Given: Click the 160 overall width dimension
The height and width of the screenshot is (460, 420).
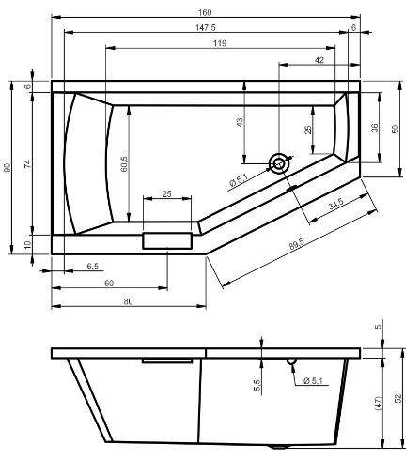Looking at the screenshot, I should pyautogui.click(x=205, y=12).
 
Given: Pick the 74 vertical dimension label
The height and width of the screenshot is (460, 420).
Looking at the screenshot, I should pyautogui.click(x=28, y=163).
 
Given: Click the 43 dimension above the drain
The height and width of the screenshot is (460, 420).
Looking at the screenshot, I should pyautogui.click(x=241, y=122).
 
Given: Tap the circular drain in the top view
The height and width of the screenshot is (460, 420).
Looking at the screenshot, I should pyautogui.click(x=279, y=163).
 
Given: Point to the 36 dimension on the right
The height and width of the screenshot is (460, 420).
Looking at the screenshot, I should pyautogui.click(x=373, y=128).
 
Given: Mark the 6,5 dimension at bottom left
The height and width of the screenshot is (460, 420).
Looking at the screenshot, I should pyautogui.click(x=67, y=268).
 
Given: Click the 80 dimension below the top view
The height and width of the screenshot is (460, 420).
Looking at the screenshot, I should pyautogui.click(x=128, y=300).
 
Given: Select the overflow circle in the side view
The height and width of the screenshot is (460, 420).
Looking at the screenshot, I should pyautogui.click(x=291, y=360).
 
